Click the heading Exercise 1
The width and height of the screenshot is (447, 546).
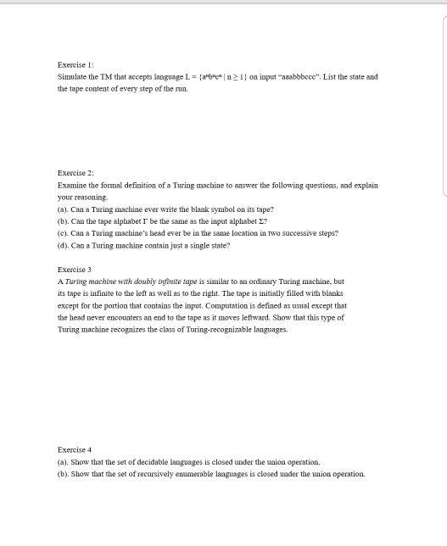coord(75,64)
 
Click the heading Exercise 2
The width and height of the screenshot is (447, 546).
coord(75,172)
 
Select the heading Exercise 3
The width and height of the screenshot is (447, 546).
coord(75,269)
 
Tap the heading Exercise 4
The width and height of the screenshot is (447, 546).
coord(75,449)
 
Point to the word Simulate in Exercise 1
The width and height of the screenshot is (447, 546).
coord(72,76)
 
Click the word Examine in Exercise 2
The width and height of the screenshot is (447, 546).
coord(72,184)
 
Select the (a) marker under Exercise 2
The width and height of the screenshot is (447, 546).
coord(63,209)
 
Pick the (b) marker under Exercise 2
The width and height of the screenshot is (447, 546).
coord(63,220)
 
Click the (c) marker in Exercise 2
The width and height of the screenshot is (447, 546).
coord(63,232)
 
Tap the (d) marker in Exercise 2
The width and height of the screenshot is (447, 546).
coord(63,245)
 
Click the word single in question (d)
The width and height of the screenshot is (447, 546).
coord(192,245)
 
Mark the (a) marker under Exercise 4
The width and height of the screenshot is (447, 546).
coord(63,462)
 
